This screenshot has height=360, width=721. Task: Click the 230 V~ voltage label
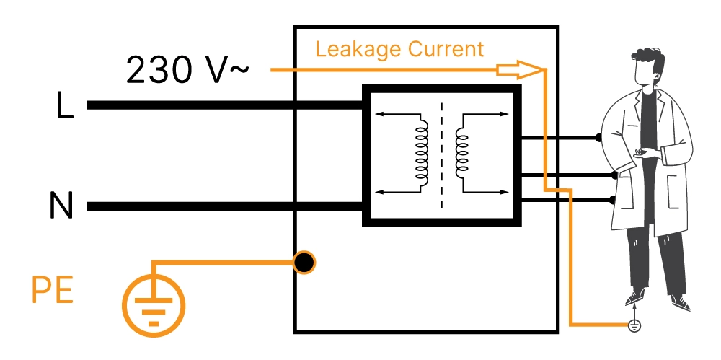187,71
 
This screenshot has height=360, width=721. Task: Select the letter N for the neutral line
62,207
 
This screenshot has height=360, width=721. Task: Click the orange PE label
53,293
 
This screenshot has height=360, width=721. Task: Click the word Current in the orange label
446,50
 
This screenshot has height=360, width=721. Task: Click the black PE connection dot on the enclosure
304,262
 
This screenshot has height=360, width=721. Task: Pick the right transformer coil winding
461,152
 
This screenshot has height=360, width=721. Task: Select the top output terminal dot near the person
598,137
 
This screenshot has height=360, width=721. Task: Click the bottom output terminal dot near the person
613,200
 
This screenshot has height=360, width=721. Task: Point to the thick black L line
216,105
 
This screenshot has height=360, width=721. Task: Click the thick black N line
216,206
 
